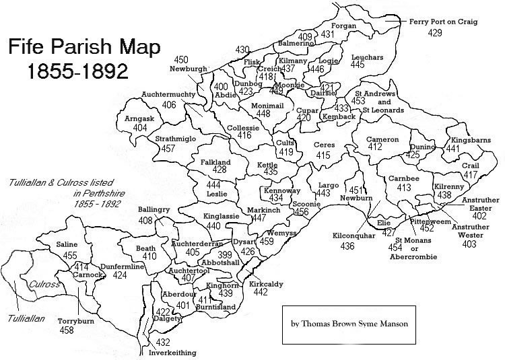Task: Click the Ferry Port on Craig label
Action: [x=443, y=22]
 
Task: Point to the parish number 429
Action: [x=436, y=32]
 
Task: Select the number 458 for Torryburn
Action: [x=67, y=330]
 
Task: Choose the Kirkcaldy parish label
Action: [x=266, y=285]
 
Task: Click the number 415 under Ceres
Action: [x=323, y=155]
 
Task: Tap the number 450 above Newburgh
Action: [x=181, y=60]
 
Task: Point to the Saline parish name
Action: [x=67, y=245]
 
